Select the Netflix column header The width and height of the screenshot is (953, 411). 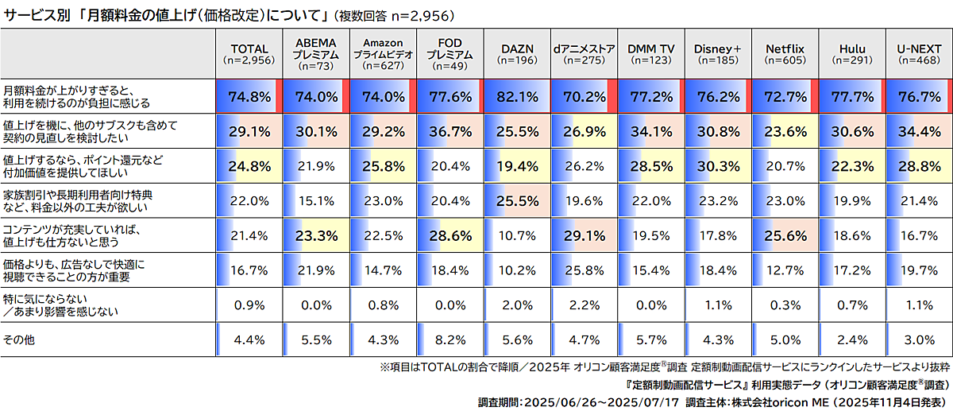click(x=785, y=54)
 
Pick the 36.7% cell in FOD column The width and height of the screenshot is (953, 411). click(x=450, y=132)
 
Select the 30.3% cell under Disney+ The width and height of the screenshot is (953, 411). click(x=718, y=167)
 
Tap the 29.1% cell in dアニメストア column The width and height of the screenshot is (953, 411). click(x=584, y=236)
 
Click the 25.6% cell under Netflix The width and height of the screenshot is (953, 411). click(x=785, y=236)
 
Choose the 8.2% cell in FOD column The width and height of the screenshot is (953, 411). click(x=450, y=340)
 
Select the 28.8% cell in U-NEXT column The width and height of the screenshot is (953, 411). click(x=919, y=167)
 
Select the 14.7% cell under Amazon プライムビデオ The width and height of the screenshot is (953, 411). click(x=383, y=271)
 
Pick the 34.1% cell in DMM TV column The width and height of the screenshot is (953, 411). click(x=650, y=132)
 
